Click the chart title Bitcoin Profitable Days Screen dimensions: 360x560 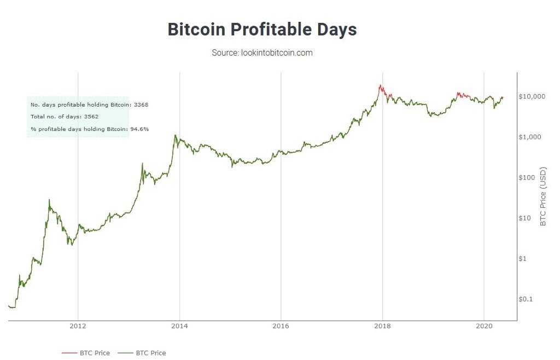tap(262, 30)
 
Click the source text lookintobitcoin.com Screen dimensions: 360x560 tap(262, 53)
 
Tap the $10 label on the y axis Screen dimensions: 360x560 tap(524, 218)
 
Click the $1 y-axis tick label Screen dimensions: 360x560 tap(523, 258)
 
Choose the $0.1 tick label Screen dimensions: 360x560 tap(525, 299)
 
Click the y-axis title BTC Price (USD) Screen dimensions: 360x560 tap(543, 196)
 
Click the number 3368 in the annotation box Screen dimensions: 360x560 tap(141, 104)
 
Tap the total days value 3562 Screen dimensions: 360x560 tap(90, 117)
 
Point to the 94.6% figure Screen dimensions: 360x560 tap(139, 129)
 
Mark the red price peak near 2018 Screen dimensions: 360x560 tap(380, 85)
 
